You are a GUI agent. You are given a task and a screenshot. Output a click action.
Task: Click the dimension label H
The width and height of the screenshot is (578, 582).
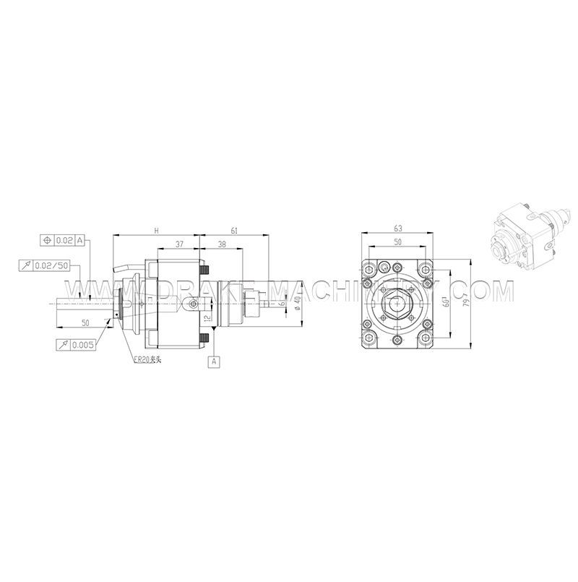click(x=156, y=231)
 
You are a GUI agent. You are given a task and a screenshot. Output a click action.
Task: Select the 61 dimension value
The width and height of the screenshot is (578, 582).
click(x=234, y=231)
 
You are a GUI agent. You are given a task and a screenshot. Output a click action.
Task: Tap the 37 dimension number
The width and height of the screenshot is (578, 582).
click(x=178, y=244)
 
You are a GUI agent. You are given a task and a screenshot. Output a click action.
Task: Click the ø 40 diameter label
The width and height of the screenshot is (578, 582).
click(x=297, y=304)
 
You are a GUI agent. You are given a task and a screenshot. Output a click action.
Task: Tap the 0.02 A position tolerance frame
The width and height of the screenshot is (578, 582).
click(x=64, y=239)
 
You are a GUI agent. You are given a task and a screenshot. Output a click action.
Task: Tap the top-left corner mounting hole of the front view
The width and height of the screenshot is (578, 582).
click(x=369, y=269)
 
